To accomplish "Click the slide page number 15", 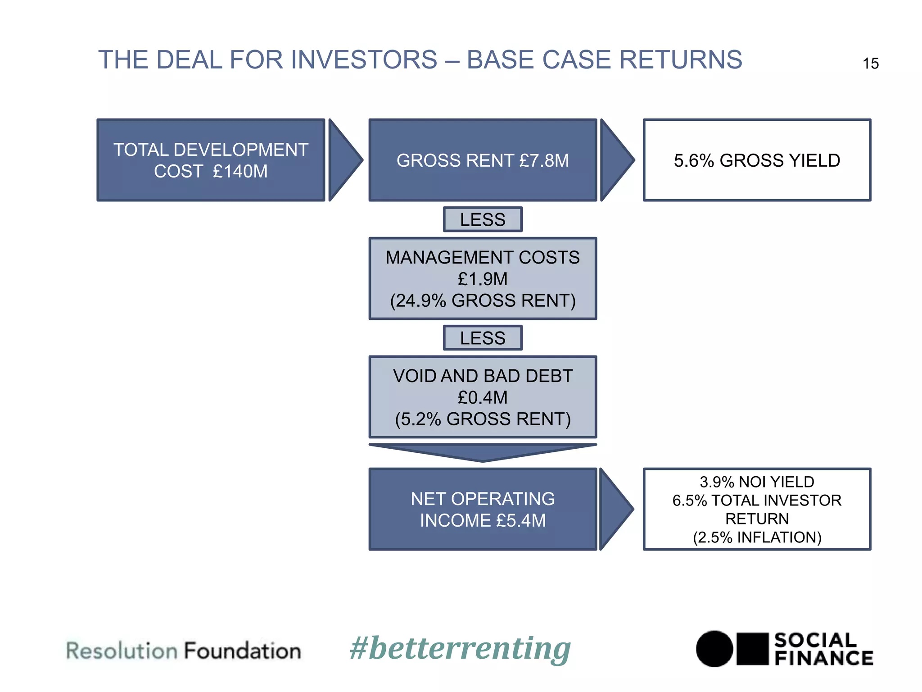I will click(870, 64).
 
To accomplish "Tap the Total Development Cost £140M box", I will click(211, 160).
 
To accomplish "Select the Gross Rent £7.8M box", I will click(483, 160).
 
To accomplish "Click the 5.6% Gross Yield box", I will click(757, 160).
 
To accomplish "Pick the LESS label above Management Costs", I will click(483, 220).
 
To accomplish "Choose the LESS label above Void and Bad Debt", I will click(483, 338).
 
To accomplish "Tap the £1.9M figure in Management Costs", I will click(483, 279).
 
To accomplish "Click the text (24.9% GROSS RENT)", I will click(483, 300).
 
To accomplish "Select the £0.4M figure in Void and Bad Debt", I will click(483, 397).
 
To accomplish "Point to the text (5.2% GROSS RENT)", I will click(483, 419).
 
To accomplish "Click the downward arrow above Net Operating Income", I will click(483, 452).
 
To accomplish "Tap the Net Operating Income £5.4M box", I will click(483, 510).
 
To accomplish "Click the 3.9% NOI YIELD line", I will click(757, 482).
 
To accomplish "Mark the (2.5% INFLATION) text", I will click(757, 537).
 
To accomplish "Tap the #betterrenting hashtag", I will click(460, 649).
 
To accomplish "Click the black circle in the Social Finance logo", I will click(714, 649).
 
